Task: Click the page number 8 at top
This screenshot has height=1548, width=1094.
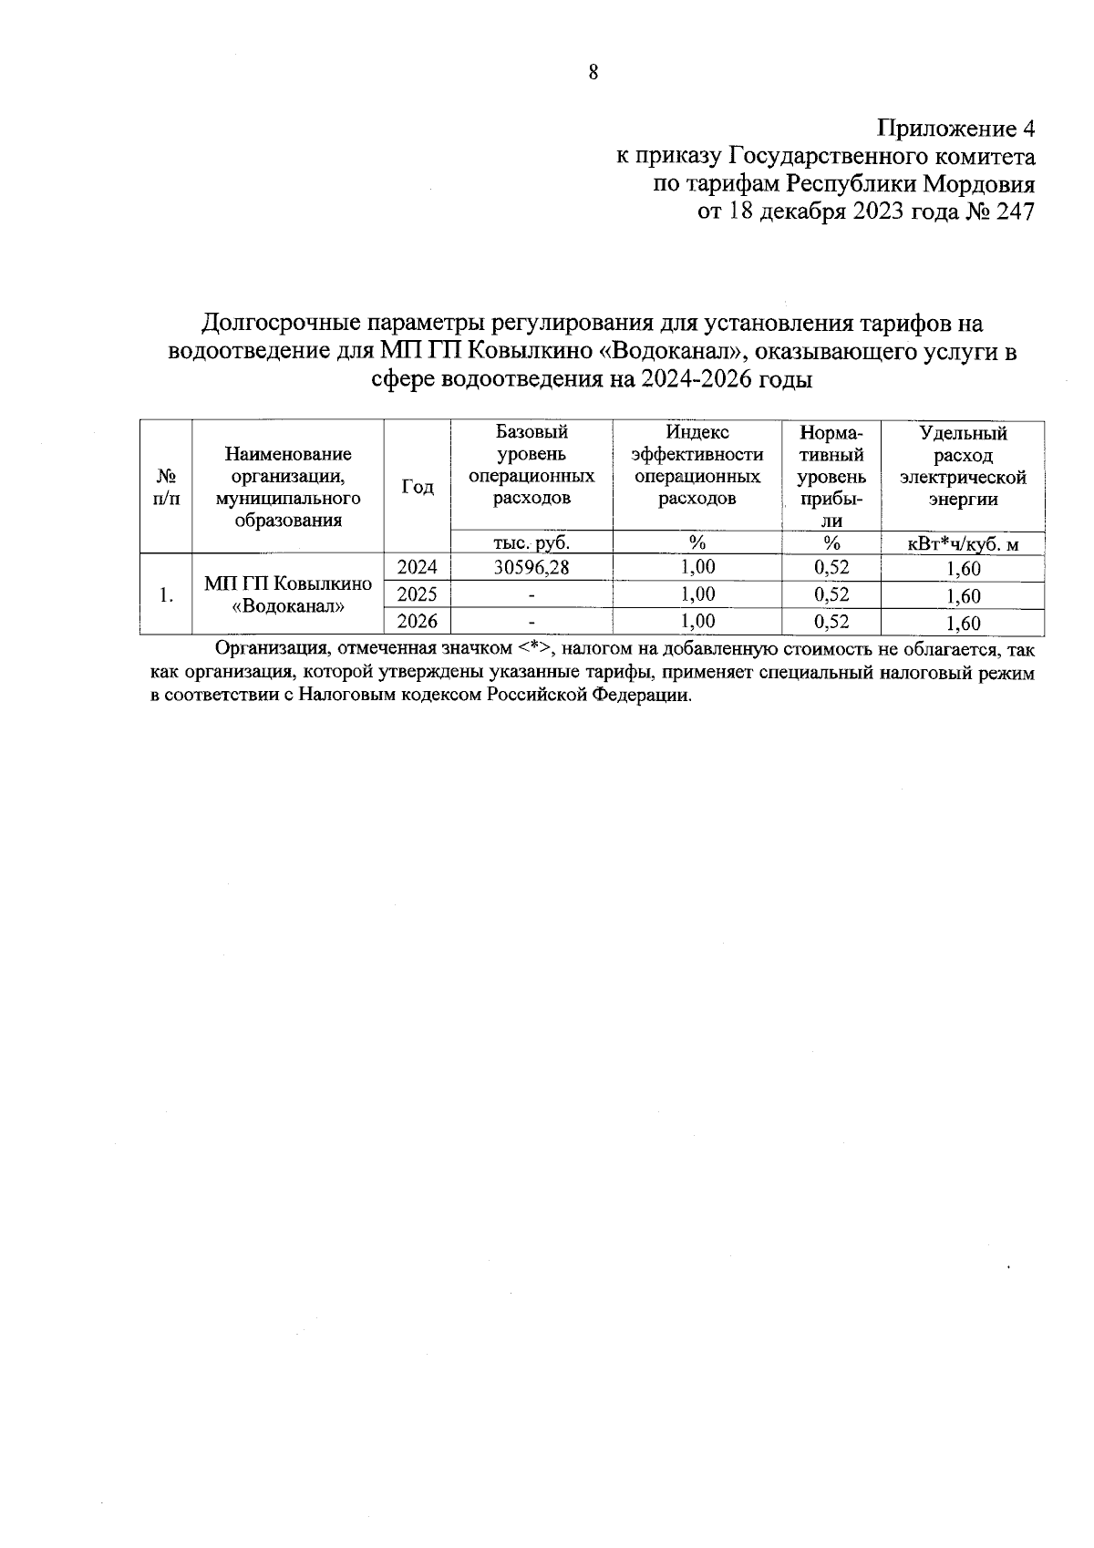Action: point(593,73)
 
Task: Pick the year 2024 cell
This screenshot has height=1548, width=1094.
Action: point(418,567)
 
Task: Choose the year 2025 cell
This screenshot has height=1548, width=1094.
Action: point(418,594)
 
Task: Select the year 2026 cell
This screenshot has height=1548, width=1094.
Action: point(418,622)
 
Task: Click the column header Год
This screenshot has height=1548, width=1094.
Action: point(418,487)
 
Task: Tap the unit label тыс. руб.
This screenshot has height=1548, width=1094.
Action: point(531,542)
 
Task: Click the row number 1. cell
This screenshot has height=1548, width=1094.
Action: point(166,595)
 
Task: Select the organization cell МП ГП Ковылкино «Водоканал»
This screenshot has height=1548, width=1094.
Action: point(288,594)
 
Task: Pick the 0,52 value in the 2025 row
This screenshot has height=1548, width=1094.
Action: point(831,594)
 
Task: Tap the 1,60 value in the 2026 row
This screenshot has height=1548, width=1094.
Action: point(963,624)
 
